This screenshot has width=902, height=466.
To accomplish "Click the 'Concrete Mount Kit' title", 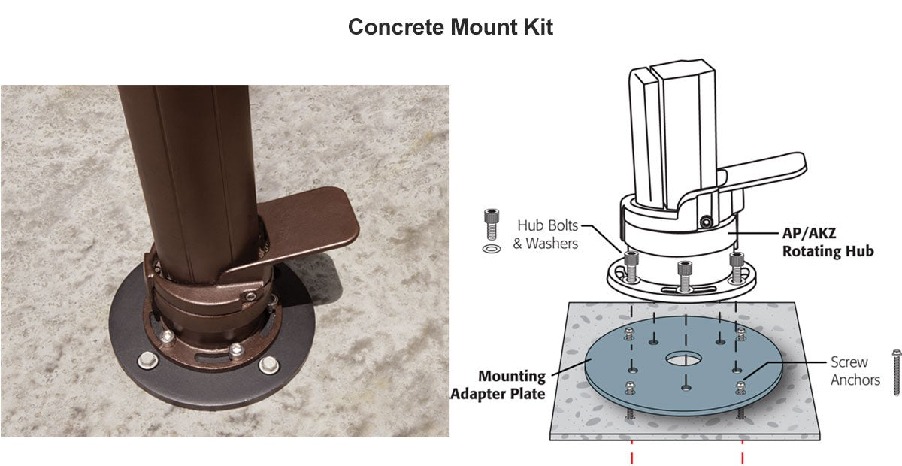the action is tap(450, 27).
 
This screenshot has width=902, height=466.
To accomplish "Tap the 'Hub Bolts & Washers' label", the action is tap(546, 235).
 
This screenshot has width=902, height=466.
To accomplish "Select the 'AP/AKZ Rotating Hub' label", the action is tap(828, 242).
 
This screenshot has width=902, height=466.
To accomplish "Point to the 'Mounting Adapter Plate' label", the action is tap(498, 385).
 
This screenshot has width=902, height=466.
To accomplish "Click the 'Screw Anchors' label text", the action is tap(855, 371).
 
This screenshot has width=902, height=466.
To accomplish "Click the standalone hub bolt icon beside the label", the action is tap(492, 224).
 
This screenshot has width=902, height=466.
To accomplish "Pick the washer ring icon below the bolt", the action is tap(492, 249).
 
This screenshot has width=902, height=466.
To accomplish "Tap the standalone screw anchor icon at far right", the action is tap(896, 373).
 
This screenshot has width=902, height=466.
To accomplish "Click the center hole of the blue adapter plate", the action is tap(683, 359).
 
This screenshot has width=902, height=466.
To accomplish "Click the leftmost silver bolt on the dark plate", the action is tap(147, 360).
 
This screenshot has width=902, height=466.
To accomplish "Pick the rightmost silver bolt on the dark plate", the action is tap(268, 365).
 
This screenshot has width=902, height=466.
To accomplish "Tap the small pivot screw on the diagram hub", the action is tap(706, 222).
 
